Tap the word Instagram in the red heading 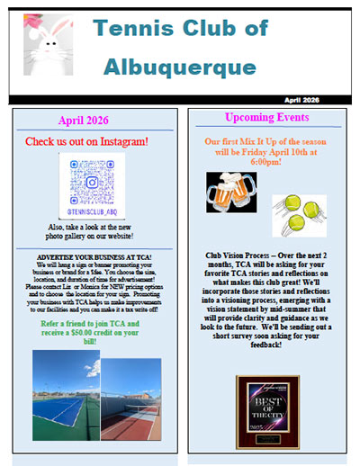tap(122, 141)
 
